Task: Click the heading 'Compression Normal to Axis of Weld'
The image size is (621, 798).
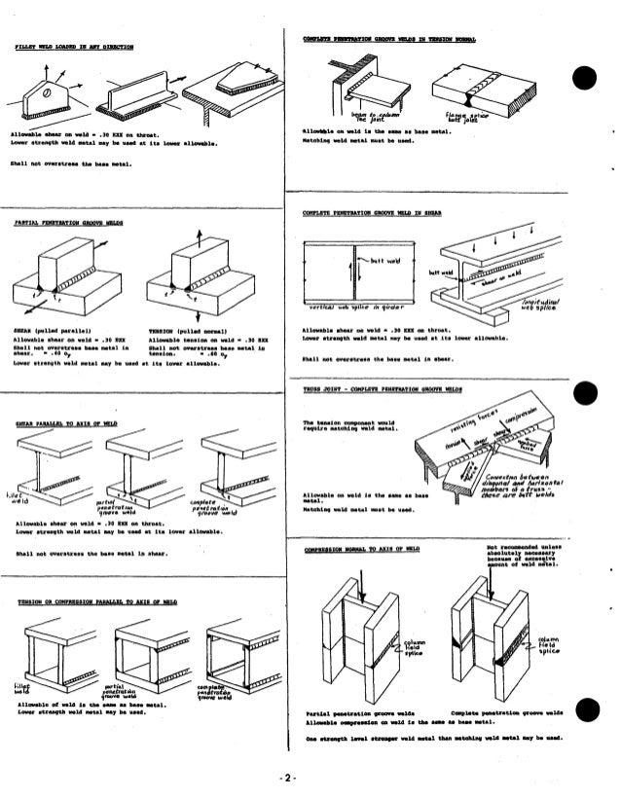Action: pos(361,549)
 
